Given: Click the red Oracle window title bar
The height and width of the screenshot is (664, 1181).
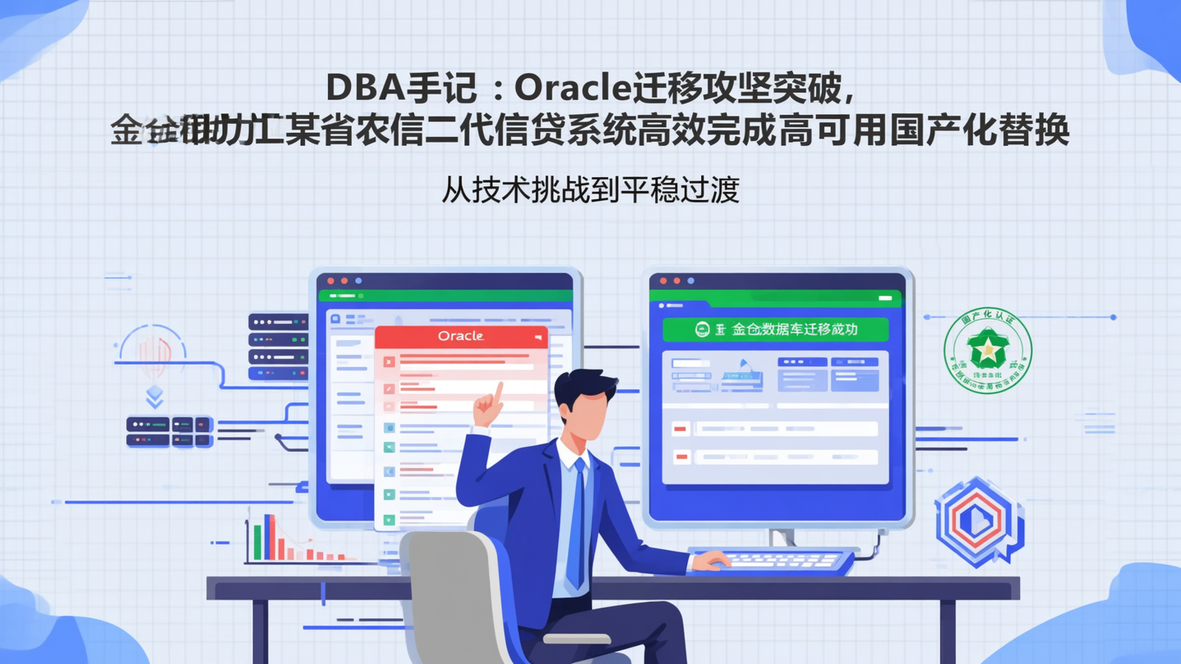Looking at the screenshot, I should pyautogui.click(x=461, y=336).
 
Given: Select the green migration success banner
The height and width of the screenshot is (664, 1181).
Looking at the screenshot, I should pyautogui.click(x=775, y=330).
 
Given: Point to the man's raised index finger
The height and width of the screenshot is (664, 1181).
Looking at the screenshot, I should pyautogui.click(x=497, y=392).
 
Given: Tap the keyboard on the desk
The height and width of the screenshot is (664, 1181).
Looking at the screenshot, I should pyautogui.click(x=775, y=561).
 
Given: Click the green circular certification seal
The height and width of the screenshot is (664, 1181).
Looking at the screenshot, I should pyautogui.click(x=987, y=350).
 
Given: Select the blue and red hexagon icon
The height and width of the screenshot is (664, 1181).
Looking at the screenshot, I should pyautogui.click(x=977, y=521).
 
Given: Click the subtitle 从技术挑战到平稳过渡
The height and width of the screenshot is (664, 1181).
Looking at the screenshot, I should pyautogui.click(x=590, y=189).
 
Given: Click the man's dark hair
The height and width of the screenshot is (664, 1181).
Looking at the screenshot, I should pyautogui.click(x=584, y=385).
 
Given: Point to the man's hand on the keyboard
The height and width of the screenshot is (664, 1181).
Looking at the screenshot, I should pyautogui.click(x=710, y=561).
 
